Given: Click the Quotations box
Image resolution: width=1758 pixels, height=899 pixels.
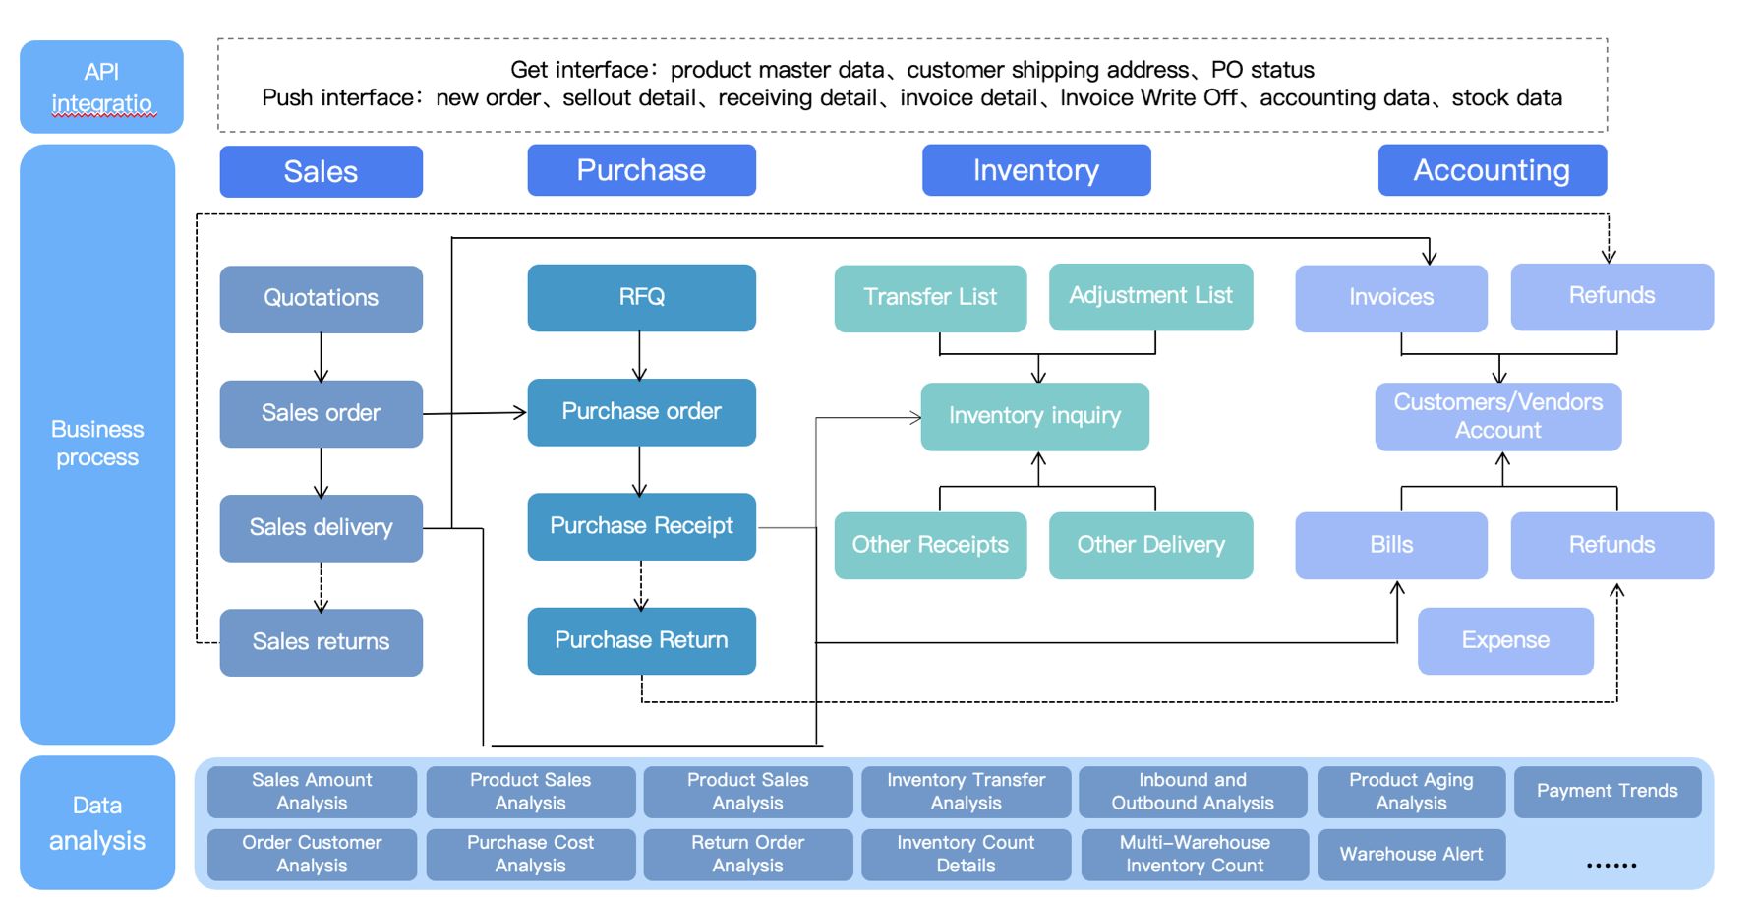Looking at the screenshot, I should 321,298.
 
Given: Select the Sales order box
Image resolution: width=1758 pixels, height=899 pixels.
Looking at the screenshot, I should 321,413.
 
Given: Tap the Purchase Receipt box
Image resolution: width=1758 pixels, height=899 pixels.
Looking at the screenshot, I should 641,526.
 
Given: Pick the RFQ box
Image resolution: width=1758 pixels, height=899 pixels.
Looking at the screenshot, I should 641,297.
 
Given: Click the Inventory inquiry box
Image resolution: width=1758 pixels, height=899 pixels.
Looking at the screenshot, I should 1034,416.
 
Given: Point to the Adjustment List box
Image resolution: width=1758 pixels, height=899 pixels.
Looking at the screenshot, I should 1150,296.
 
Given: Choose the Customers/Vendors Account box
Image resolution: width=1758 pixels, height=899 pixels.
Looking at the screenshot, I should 1497,416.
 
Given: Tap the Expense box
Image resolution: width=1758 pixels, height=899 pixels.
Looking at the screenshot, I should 1504,640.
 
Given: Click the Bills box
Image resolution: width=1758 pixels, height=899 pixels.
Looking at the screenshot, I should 1390,545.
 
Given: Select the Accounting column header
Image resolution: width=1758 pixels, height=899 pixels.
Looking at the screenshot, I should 1492,170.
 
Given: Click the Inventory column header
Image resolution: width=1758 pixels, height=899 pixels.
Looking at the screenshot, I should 1035,170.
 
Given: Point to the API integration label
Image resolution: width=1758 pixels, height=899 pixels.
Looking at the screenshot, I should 101,87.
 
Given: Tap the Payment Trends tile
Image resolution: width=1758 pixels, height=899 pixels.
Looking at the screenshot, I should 1607,791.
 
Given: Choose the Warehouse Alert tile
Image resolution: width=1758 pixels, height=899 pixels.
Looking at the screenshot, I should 1411,854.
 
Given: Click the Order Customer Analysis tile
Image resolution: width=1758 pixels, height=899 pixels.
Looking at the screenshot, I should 312,854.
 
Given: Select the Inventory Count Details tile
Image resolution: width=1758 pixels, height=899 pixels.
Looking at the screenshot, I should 966,854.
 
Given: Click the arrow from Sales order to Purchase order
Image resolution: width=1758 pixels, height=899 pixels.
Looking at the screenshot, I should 475,413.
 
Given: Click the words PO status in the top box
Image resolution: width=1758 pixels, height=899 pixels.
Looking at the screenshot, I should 1262,70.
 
